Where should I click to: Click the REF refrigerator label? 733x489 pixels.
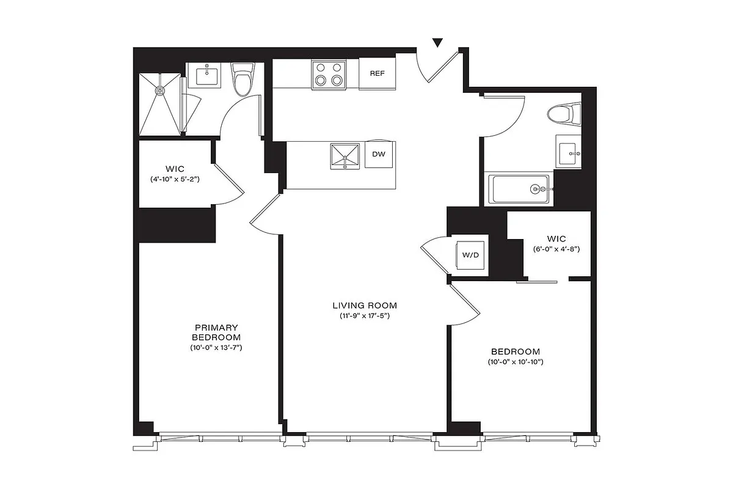pyautogui.click(x=377, y=73)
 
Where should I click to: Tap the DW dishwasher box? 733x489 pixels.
pyautogui.click(x=379, y=154)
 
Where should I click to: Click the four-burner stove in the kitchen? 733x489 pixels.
pyautogui.click(x=328, y=74)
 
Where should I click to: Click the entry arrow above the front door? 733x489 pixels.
pyautogui.click(x=437, y=42)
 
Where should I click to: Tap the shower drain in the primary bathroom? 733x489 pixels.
pyautogui.click(x=161, y=91)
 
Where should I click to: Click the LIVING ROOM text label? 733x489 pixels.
pyautogui.click(x=365, y=305)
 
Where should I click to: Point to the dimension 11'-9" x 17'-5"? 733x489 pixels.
pyautogui.click(x=365, y=316)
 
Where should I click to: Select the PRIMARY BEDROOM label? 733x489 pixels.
pyautogui.click(x=216, y=332)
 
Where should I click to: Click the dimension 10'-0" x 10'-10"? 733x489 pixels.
pyautogui.click(x=516, y=362)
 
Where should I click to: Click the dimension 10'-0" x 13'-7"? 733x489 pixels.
pyautogui.click(x=216, y=348)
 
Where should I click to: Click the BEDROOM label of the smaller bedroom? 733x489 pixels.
pyautogui.click(x=516, y=351)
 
